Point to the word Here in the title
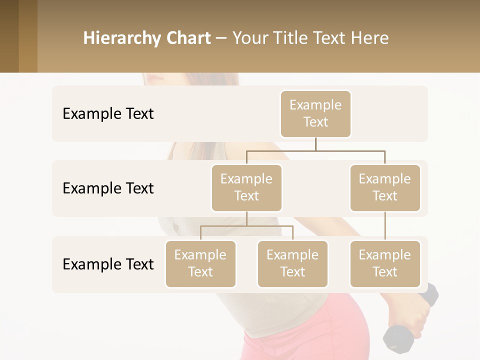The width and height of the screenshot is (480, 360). tap(369, 38)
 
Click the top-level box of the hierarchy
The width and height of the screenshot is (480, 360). tap(315, 113)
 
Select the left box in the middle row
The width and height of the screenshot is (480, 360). tap(246, 187)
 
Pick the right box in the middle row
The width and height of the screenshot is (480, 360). tap(385, 187)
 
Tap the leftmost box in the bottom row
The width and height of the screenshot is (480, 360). tap(200, 263)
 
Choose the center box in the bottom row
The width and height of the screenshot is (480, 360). tap(292, 263)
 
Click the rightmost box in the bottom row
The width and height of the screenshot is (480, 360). tap(385, 263)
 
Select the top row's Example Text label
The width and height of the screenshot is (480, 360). tap(108, 114)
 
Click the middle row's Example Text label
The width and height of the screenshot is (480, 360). tap(108, 188)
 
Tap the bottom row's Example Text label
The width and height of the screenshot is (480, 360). tap(108, 264)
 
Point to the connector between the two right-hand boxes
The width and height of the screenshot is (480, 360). tap(385, 226)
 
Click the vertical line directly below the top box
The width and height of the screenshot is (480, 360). tap(315, 144)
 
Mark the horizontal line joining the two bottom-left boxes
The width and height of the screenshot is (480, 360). tap(246, 226)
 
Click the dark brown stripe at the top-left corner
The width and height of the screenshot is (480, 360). tap(9, 36)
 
